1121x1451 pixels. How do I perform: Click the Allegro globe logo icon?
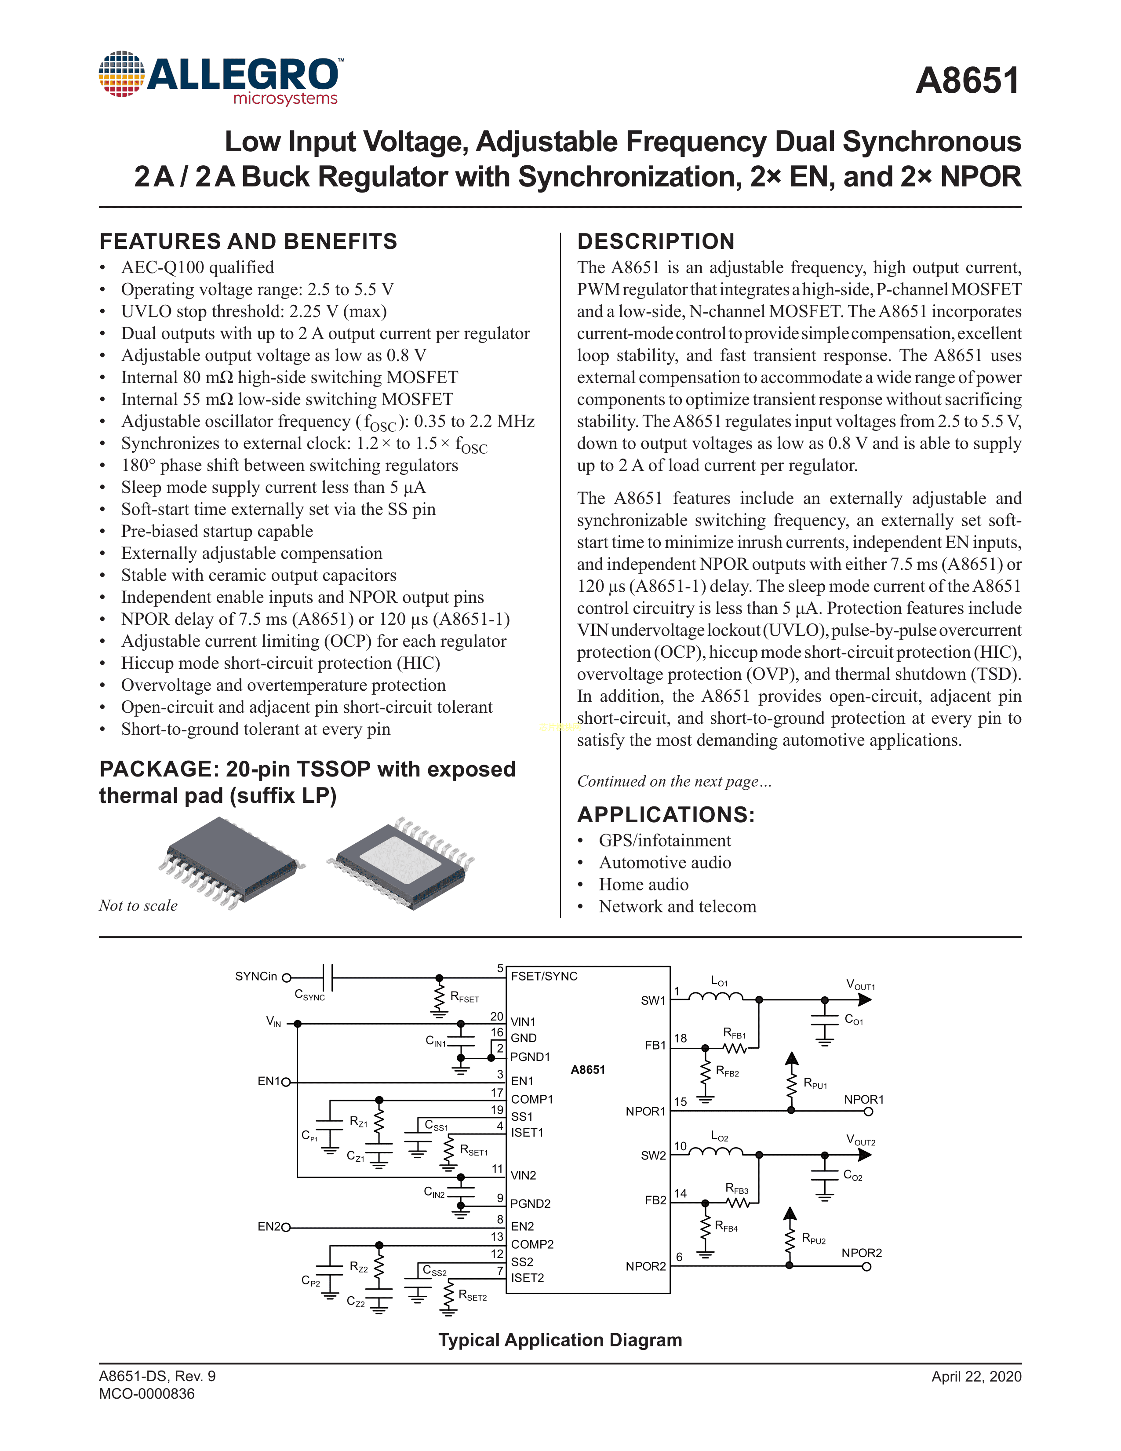(x=121, y=74)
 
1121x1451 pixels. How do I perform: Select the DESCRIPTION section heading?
(x=655, y=241)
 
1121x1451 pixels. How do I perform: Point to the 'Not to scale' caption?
(x=138, y=905)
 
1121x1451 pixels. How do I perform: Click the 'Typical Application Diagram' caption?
(x=560, y=1340)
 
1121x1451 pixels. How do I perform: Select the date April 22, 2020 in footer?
(x=975, y=1376)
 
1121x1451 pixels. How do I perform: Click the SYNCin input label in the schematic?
(x=256, y=976)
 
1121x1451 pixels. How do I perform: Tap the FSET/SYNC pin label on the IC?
(x=544, y=976)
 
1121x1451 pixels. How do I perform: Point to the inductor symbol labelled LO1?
(x=715, y=996)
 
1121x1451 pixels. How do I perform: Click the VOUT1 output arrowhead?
(x=865, y=999)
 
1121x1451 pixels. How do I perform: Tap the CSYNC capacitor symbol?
(x=327, y=977)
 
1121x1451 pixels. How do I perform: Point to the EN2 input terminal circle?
(x=286, y=1228)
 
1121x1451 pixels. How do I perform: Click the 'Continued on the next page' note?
(x=673, y=781)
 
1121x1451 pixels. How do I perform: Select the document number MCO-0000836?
(x=147, y=1394)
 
